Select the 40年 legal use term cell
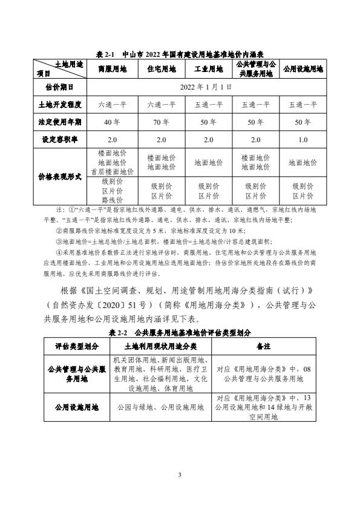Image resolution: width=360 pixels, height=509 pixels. click(112, 122)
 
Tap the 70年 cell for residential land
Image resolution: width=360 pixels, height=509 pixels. click(160, 122)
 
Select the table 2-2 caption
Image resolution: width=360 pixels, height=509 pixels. click(180, 333)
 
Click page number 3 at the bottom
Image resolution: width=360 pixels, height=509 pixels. click(180, 473)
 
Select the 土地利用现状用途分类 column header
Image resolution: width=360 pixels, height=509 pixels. click(160, 346)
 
